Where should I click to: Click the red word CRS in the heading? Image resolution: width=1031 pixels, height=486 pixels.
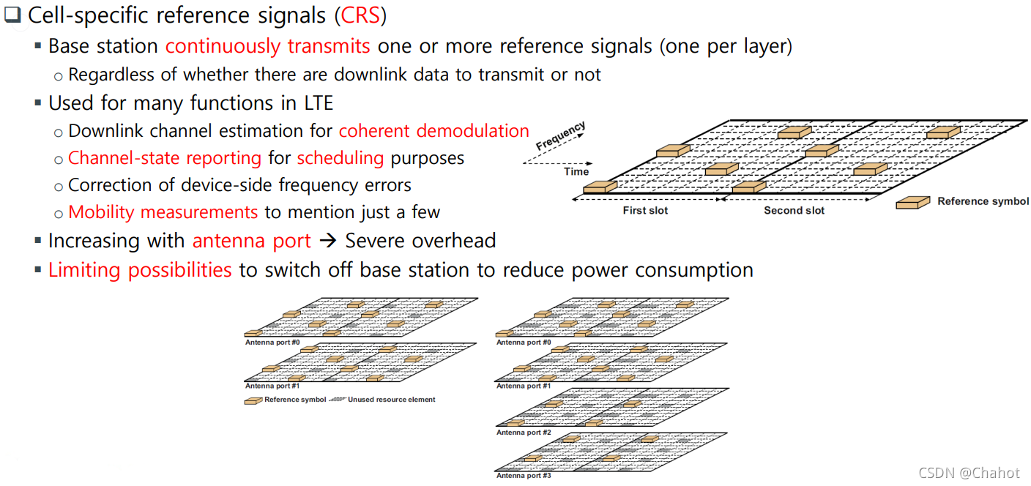pyautogui.click(x=360, y=15)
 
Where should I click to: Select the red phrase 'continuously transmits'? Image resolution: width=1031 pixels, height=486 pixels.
pyautogui.click(x=267, y=46)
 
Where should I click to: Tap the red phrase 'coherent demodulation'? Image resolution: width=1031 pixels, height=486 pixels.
pyautogui.click(x=433, y=131)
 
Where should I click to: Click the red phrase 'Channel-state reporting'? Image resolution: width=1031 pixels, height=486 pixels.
pyautogui.click(x=165, y=158)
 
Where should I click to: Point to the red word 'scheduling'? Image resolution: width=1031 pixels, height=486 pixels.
pyautogui.click(x=340, y=158)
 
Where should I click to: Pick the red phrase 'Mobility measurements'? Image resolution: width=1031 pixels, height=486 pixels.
pyautogui.click(x=163, y=212)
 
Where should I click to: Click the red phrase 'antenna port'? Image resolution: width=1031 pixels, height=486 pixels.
pyautogui.click(x=252, y=241)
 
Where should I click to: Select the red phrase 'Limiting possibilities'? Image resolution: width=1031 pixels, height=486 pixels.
pyautogui.click(x=140, y=270)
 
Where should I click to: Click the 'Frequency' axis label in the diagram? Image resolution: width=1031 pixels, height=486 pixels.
pyautogui.click(x=560, y=137)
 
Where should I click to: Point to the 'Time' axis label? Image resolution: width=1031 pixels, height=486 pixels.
pyautogui.click(x=576, y=172)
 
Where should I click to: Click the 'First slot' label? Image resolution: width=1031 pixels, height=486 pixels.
pyautogui.click(x=645, y=211)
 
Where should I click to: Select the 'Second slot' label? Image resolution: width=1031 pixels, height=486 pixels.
pyautogui.click(x=794, y=211)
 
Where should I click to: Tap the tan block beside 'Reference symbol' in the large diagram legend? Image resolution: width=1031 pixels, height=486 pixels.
pyautogui.click(x=912, y=202)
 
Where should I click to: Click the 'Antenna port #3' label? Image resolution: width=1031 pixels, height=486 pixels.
pyautogui.click(x=524, y=476)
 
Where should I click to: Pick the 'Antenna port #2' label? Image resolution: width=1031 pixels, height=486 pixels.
pyautogui.click(x=524, y=433)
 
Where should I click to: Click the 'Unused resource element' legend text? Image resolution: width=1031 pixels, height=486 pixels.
pyautogui.click(x=391, y=400)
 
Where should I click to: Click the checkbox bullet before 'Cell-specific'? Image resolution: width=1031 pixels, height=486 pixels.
pyautogui.click(x=13, y=15)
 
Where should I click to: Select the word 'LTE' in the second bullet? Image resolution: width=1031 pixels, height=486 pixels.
pyautogui.click(x=318, y=103)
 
